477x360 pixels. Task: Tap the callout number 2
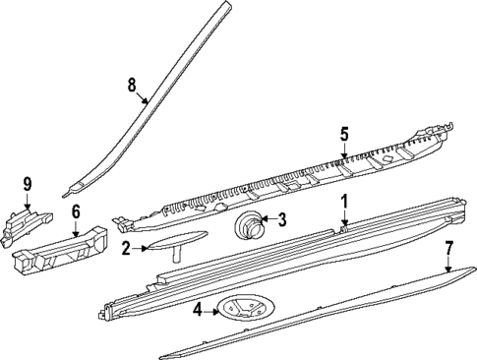coord(127,248)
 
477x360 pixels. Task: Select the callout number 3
coord(281,220)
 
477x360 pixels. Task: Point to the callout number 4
coord(197,311)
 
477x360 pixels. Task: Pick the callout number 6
coord(76,210)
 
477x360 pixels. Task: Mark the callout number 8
coord(132,86)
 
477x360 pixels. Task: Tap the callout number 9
coord(29,182)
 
